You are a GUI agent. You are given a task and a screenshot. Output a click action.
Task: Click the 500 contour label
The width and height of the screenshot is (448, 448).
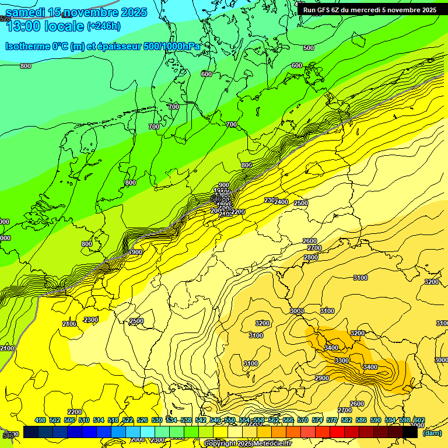pyautogui.click(x=309, y=48)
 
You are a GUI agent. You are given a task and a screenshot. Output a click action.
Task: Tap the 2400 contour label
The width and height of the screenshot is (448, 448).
pyautogui.click(x=281, y=202)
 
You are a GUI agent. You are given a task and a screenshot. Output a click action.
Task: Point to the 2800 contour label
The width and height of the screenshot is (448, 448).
pyautogui.click(x=311, y=257)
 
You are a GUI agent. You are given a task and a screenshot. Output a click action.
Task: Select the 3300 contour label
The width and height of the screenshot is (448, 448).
pyautogui.click(x=342, y=360)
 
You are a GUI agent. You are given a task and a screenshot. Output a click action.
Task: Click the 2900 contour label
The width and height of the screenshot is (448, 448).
pyautogui.click(x=322, y=379)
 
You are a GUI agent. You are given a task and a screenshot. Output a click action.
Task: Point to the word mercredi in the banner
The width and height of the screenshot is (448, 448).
pyautogui.click(x=373, y=10)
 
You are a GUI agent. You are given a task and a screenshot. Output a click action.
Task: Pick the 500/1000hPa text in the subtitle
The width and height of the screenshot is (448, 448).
pyautogui.click(x=172, y=46)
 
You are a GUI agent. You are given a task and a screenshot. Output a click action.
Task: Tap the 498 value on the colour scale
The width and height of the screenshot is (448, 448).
pyautogui.click(x=40, y=420)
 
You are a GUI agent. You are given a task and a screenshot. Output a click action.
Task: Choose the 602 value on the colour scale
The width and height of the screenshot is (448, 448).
pyautogui.click(x=419, y=420)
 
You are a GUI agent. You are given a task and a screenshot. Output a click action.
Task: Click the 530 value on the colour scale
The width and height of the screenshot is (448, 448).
pyautogui.click(x=156, y=420)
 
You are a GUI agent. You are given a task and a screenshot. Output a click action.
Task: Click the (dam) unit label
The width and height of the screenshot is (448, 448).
pyautogui.click(x=432, y=432)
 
